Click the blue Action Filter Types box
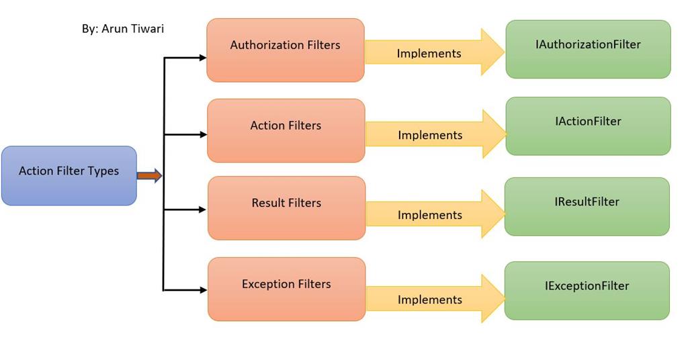tap(69, 175)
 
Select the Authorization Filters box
tap(286, 50)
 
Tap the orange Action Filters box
tap(286, 130)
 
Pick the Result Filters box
tap(286, 208)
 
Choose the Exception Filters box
tap(286, 289)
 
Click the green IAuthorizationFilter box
tap(588, 49)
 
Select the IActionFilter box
tap(588, 126)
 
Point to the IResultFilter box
tap(587, 206)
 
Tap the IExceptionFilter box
tap(587, 290)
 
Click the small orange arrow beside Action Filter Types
tap(149, 176)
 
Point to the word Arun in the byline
tap(114, 29)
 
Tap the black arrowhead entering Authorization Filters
tap(202, 58)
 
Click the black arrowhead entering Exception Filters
tap(203, 290)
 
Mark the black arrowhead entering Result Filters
tap(203, 210)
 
